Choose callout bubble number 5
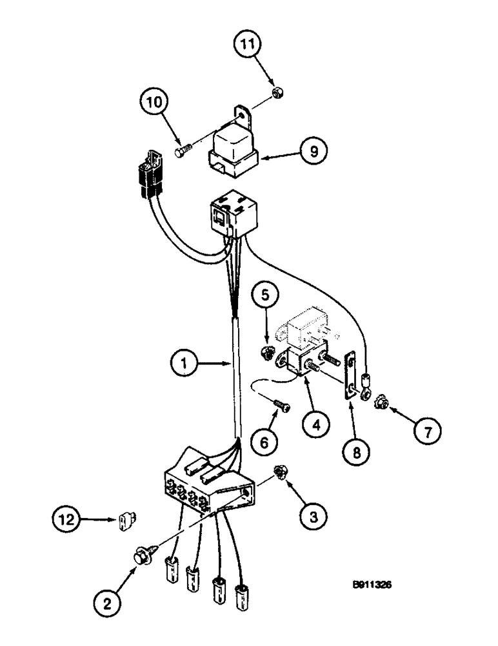coord(271,301)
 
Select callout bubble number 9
coord(313,152)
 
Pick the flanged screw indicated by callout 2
coord(141,554)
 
